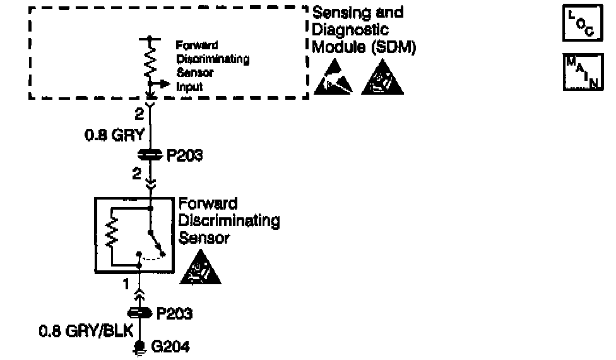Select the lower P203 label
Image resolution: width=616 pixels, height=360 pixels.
point(174,313)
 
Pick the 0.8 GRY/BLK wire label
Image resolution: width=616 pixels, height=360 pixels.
point(78,330)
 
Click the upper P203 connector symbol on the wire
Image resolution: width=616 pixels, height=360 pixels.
point(150,155)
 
